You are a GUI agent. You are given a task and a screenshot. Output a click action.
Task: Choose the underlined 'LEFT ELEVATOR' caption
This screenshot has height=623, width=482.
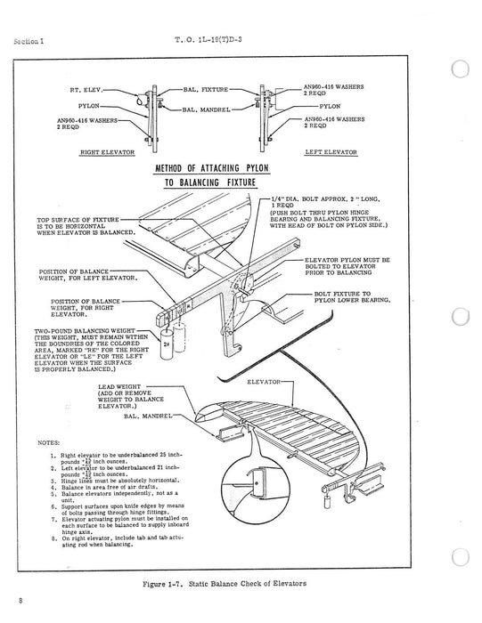pos(331,153)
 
